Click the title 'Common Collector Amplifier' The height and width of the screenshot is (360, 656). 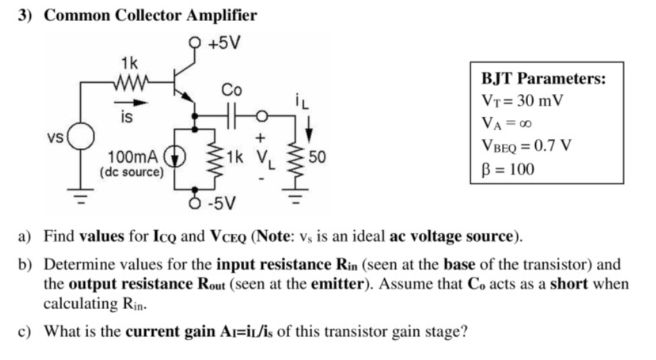pyautogui.click(x=150, y=15)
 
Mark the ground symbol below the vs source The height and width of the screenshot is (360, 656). pyautogui.click(x=80, y=196)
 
